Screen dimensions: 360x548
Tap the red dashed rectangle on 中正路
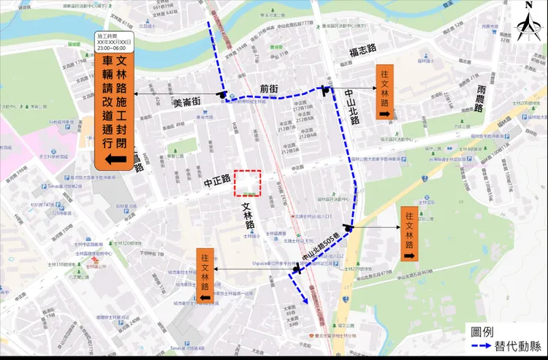pyautogui.click(x=247, y=183)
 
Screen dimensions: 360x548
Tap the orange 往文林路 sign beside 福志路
pyautogui.click(x=384, y=92)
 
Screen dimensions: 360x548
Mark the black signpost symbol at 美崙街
pyautogui.click(x=222, y=94)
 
